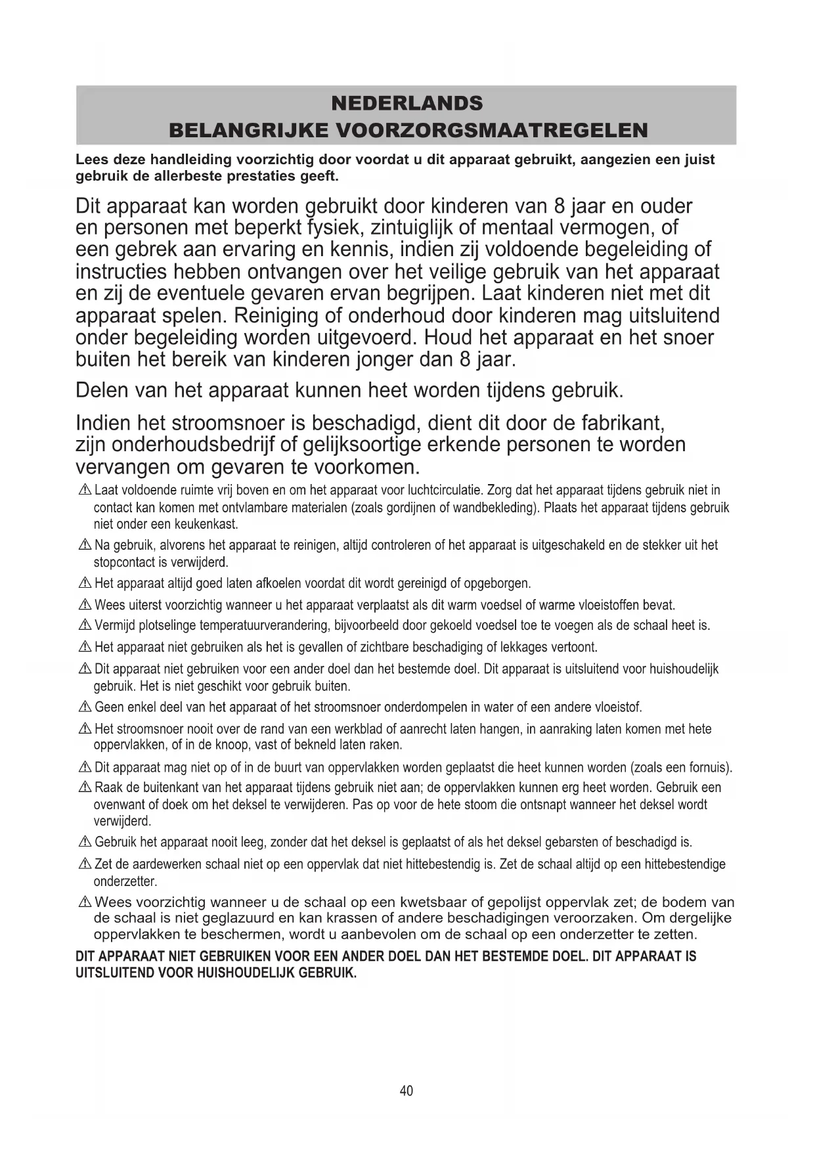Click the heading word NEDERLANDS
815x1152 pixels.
pos(407,103)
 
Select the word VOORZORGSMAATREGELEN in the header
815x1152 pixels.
pos(491,130)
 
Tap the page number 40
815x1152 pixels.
pos(407,1090)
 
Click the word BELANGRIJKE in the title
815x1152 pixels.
pos(248,130)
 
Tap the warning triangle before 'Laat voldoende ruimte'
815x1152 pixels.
pos(85,491)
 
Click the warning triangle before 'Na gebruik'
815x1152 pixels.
pos(85,546)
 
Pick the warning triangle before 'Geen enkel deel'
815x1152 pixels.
pos(85,708)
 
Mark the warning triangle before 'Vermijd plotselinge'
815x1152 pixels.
pos(85,626)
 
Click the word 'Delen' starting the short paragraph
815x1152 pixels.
pos(102,390)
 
